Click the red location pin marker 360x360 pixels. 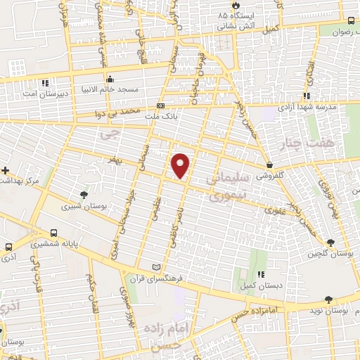click(x=181, y=165)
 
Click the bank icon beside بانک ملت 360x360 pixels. click(x=161, y=107)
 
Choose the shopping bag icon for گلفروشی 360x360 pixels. click(x=270, y=165)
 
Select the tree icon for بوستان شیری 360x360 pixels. click(x=84, y=193)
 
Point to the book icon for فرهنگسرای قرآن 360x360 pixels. click(x=156, y=268)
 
